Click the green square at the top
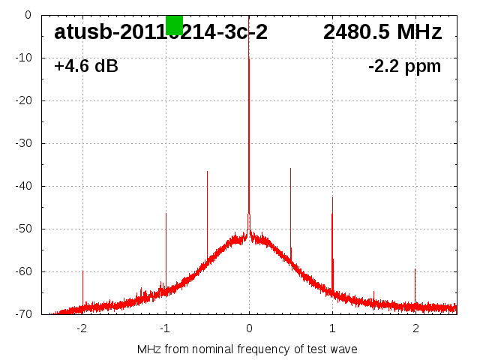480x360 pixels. [174, 25]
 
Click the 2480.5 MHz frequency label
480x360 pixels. [382, 32]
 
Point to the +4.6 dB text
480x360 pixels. [86, 67]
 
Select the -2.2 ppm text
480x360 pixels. [404, 67]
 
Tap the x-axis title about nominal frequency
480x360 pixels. [247, 349]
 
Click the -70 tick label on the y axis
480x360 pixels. [22, 314]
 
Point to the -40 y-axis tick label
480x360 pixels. [22, 186]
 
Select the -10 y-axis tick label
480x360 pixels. [22, 58]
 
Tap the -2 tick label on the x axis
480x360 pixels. [82, 327]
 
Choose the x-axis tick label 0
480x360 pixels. [249, 327]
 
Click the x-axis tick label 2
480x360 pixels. [415, 327]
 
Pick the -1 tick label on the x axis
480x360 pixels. [165, 327]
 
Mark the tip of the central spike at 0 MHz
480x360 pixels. [249, 16]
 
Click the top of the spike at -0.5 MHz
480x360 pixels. [207, 172]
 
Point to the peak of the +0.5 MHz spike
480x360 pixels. [290, 169]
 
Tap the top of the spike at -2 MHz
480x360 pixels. [82, 271]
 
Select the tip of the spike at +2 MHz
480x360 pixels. [415, 269]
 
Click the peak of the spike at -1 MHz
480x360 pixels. [166, 214]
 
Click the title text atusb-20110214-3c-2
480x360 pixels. [160, 32]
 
